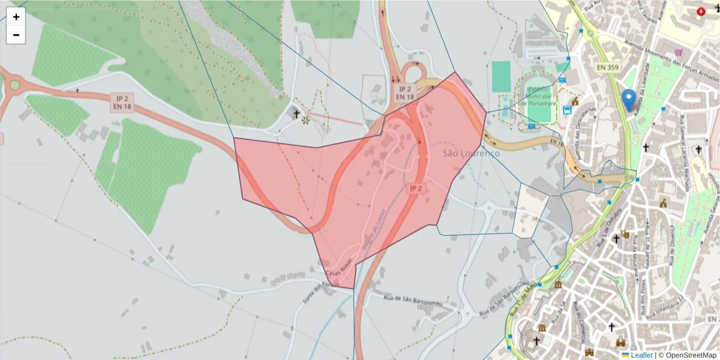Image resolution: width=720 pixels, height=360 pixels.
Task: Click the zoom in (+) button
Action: [x=16, y=17]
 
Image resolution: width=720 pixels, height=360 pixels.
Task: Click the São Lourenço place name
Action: [x=471, y=154]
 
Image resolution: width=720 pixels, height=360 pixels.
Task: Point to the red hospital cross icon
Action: [x=701, y=11]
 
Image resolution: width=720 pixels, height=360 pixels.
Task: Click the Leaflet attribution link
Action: [x=641, y=355]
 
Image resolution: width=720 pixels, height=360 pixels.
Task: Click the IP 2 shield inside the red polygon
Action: [x=416, y=188]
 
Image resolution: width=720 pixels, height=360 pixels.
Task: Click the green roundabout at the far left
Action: [x=14, y=85]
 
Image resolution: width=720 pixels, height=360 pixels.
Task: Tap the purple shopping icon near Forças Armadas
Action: [x=679, y=52]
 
